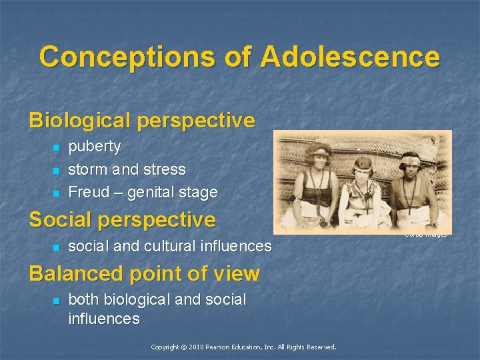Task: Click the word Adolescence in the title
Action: pos(350,57)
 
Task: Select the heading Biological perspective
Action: pos(141,120)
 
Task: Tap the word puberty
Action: pos(95,146)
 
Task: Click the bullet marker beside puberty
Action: pos(57,147)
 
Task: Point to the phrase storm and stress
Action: pos(127,169)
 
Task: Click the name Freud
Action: pos(89,192)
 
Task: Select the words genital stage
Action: pos(172,193)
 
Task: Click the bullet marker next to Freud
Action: pos(57,193)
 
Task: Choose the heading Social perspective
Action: pos(122,219)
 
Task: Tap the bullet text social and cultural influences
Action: pos(170,246)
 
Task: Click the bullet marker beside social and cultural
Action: pos(57,247)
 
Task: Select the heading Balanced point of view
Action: pos(144,273)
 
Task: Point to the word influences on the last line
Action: pos(104,319)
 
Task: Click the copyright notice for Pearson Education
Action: pos(243,347)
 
